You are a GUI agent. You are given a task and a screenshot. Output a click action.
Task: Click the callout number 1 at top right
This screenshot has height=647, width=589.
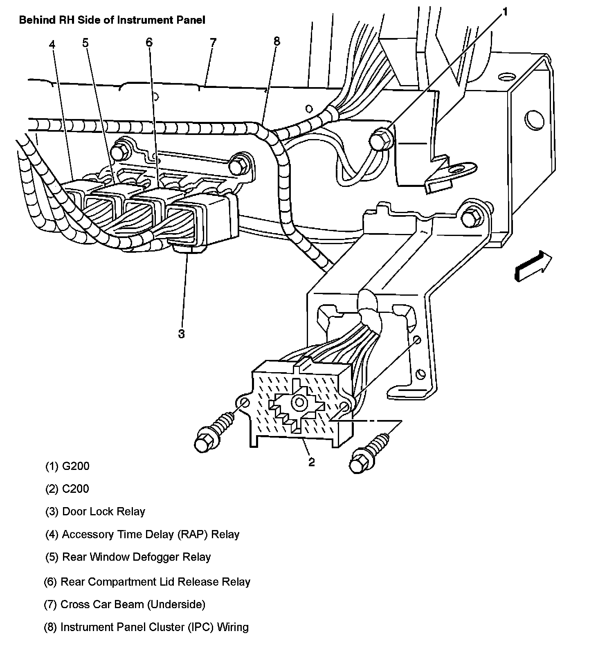click(x=505, y=13)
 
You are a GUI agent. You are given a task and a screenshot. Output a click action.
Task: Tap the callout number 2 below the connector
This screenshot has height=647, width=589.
click(x=312, y=462)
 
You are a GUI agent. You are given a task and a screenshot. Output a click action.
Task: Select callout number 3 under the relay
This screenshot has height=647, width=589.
click(x=181, y=334)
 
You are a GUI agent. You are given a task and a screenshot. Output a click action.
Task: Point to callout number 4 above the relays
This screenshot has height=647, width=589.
click(x=52, y=44)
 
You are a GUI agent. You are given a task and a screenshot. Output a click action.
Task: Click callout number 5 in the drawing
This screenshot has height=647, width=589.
click(x=85, y=43)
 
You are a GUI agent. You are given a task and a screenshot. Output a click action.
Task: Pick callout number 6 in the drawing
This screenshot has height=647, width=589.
click(x=149, y=42)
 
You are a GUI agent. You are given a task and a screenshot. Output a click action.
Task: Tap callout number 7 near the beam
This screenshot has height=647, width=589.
click(x=213, y=43)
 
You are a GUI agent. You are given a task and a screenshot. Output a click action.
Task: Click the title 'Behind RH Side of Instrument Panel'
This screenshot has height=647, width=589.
click(x=112, y=20)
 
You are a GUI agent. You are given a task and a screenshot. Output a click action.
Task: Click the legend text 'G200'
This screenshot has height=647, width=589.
click(x=76, y=466)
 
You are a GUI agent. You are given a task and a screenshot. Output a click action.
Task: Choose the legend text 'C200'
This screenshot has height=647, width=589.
click(x=76, y=489)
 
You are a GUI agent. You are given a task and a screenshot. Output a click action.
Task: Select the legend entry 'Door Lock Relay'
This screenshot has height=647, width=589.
click(x=103, y=512)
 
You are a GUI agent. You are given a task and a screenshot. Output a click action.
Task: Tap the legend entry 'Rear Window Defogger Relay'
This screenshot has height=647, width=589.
click(x=136, y=557)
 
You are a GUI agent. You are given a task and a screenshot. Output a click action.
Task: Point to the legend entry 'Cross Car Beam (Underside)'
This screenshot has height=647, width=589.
click(x=133, y=604)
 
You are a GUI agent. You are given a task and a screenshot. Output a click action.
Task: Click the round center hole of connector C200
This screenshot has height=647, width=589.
click(x=298, y=402)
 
